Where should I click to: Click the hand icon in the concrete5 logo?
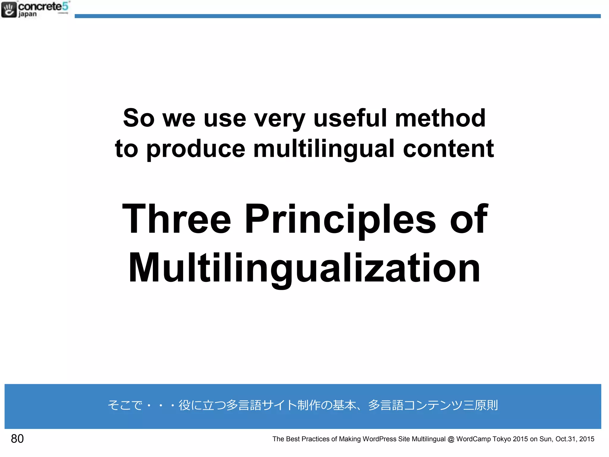(9, 10)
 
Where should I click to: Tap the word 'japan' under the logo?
(28, 14)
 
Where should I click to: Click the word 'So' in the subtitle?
(139, 118)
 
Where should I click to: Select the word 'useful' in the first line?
(350, 118)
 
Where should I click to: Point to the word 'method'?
(440, 118)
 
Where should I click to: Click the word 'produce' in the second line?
(196, 149)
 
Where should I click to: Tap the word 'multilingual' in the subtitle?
(324, 149)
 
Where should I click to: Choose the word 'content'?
(448, 149)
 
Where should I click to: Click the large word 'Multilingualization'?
(304, 268)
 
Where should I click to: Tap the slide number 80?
(17, 439)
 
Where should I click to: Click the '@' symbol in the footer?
(451, 439)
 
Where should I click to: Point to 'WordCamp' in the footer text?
(473, 439)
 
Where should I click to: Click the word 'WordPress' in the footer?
(379, 439)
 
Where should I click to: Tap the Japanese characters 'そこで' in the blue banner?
(125, 405)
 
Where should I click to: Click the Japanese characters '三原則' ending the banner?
(480, 405)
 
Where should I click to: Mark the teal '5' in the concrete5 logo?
(65, 6)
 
